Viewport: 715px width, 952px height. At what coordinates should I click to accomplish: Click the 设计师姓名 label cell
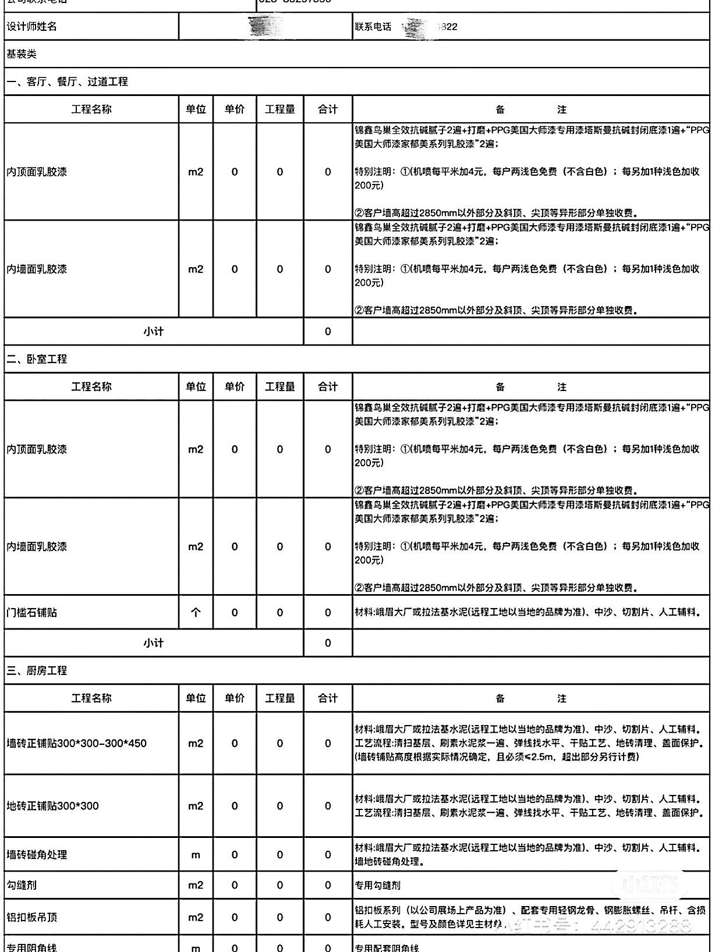coord(32,27)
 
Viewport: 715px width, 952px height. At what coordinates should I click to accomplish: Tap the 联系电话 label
coord(373,27)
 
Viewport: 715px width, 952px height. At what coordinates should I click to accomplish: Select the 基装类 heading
coord(22,54)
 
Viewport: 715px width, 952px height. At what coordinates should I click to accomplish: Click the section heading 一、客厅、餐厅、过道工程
coord(67,81)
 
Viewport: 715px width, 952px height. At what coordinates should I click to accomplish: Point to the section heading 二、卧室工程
coord(37,359)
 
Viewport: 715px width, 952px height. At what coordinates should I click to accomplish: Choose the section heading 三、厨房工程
coord(37,670)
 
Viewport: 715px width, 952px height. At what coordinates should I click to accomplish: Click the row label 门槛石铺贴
coord(32,612)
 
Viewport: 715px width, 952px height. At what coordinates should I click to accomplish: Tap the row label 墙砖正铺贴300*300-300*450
coord(77,743)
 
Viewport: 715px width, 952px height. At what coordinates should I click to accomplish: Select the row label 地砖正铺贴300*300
coord(53,806)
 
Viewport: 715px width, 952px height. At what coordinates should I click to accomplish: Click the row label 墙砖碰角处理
coord(37,854)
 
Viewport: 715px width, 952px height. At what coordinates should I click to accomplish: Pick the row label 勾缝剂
coord(22,885)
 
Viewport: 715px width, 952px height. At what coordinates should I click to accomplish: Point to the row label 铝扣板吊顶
coord(32,917)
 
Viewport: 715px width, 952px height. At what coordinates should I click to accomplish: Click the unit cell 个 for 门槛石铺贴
coord(196,612)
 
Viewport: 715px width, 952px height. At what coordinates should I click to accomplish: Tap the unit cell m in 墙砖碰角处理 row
coord(196,854)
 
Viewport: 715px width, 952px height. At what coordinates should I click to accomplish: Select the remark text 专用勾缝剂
coord(378,885)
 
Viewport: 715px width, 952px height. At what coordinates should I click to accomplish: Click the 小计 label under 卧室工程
coord(154,643)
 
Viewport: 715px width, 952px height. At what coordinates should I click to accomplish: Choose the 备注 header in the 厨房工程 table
coord(530,698)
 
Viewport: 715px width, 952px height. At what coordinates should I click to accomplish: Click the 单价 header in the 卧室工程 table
coord(235,386)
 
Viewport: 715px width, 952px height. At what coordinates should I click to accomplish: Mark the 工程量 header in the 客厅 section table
coord(280,109)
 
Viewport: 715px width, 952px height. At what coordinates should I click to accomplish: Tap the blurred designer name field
coord(265,27)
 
